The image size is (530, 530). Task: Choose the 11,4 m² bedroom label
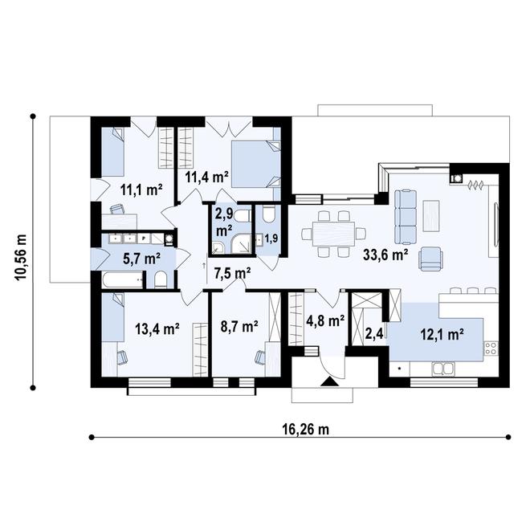pos(207,176)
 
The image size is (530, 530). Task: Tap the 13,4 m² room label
pos(157,328)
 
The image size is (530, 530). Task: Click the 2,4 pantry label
pos(373,332)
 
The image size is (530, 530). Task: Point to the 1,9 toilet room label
pos(272,238)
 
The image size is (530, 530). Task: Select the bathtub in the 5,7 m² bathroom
pos(121,281)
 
